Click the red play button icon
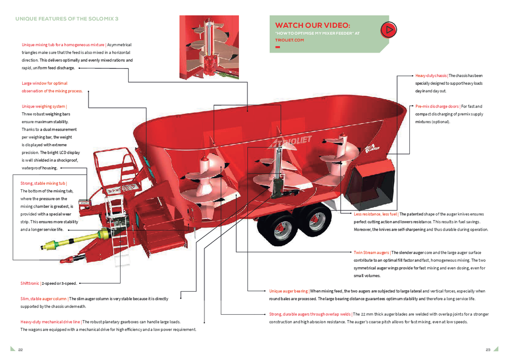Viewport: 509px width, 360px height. click(x=388, y=30)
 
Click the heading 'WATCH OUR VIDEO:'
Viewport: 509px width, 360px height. click(x=312, y=26)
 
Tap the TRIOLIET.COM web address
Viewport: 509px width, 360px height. click(x=289, y=40)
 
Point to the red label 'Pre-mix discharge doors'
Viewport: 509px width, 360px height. click(x=437, y=106)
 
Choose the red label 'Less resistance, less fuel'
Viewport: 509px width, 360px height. click(x=375, y=214)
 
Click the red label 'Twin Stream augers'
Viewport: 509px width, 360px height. click(x=371, y=252)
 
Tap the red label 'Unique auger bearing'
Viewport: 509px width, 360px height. click(x=289, y=291)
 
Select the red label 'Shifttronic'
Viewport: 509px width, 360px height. click(x=30, y=283)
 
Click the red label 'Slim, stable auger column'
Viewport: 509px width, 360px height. click(x=44, y=299)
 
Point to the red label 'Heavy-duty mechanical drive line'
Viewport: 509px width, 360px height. click(x=50, y=322)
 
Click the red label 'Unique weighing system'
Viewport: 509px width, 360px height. click(x=44, y=106)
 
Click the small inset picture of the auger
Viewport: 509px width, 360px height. click(x=209, y=48)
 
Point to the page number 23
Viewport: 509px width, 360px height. click(x=488, y=350)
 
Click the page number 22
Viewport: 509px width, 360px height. click(x=20, y=350)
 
